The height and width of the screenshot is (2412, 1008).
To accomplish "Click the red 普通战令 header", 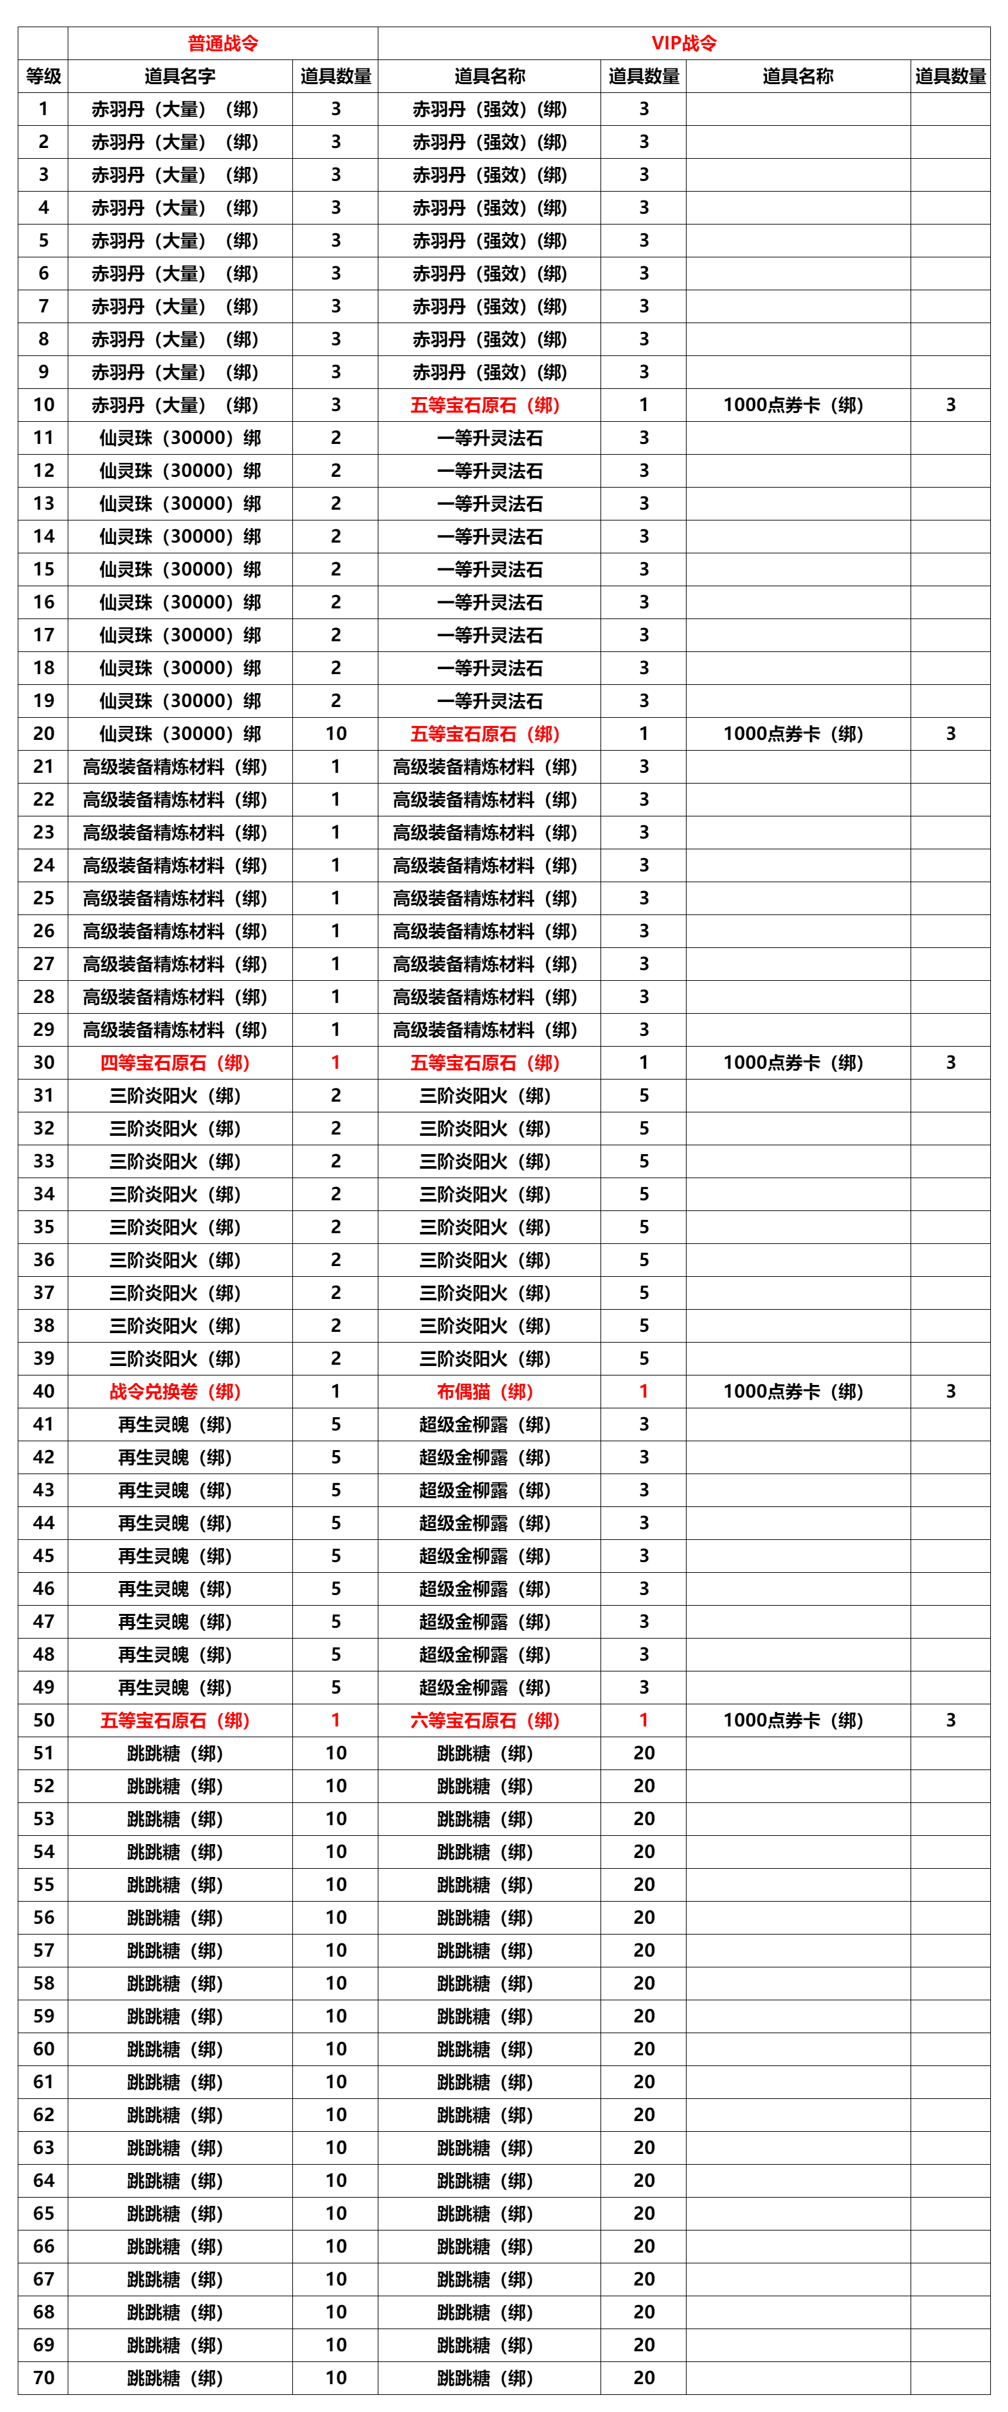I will tap(223, 43).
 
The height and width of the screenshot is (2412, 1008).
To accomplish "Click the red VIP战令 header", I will tap(684, 43).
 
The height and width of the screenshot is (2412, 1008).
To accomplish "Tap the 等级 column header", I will tap(43, 76).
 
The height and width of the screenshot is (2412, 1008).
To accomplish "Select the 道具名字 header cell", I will tap(180, 76).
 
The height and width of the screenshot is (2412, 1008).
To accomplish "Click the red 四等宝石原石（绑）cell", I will tap(175, 1062).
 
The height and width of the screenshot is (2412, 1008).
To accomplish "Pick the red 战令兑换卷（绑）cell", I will tap(175, 1391).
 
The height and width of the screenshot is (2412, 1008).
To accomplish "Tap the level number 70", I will tap(43, 2377).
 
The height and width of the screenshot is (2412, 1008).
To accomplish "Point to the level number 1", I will tap(43, 109).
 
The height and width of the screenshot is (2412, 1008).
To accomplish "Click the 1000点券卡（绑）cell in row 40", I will tap(793, 1391).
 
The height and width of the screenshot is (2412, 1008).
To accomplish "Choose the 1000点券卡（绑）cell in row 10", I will tap(793, 405).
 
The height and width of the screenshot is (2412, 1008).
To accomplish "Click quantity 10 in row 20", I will tap(335, 733).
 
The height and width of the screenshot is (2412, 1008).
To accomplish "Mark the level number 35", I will tap(43, 1227).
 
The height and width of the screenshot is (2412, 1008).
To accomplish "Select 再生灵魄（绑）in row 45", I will tap(175, 1555).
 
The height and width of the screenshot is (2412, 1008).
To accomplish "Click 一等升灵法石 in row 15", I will tap(490, 569).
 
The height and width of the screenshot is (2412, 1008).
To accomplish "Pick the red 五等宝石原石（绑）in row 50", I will tap(175, 1720).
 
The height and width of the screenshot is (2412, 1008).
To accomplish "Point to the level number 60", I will tap(43, 2049).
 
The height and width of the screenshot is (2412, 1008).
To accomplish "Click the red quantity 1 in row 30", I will tap(335, 1062).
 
